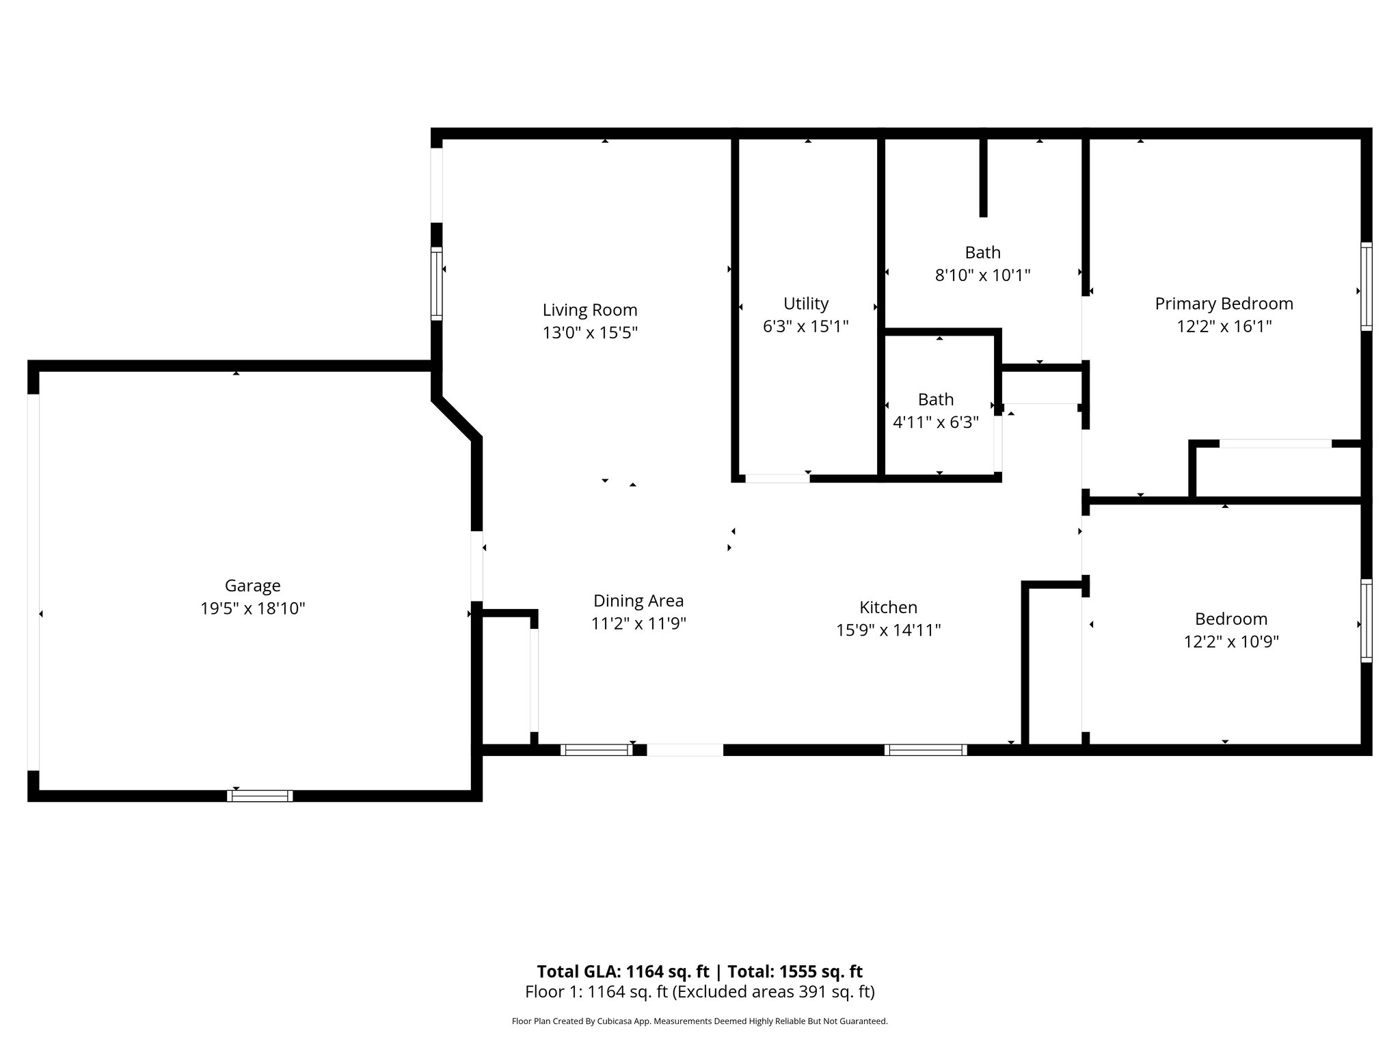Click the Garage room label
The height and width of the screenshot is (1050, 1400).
(252, 586)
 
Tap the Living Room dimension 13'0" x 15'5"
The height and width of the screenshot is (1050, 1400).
(590, 333)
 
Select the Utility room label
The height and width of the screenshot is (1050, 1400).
(806, 304)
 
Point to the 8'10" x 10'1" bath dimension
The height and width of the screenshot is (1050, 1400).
(982, 275)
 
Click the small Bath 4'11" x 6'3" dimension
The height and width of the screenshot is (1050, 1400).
(936, 422)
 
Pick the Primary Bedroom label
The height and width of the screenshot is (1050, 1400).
(1224, 304)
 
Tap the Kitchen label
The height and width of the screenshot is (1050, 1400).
(888, 607)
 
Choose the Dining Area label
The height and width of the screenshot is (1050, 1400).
(638, 601)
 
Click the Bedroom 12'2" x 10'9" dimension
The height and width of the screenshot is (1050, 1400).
(1231, 642)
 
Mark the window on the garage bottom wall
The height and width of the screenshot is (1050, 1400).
(260, 796)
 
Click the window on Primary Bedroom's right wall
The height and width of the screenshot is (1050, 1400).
(1366, 286)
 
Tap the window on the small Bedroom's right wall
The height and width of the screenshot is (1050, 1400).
(1366, 621)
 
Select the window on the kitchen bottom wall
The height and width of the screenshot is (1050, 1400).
(926, 750)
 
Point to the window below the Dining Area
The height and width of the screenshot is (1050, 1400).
(596, 750)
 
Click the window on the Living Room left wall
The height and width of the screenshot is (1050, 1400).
(436, 283)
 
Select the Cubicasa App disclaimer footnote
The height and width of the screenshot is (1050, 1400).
(699, 1021)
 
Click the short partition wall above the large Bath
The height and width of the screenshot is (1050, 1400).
(983, 178)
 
